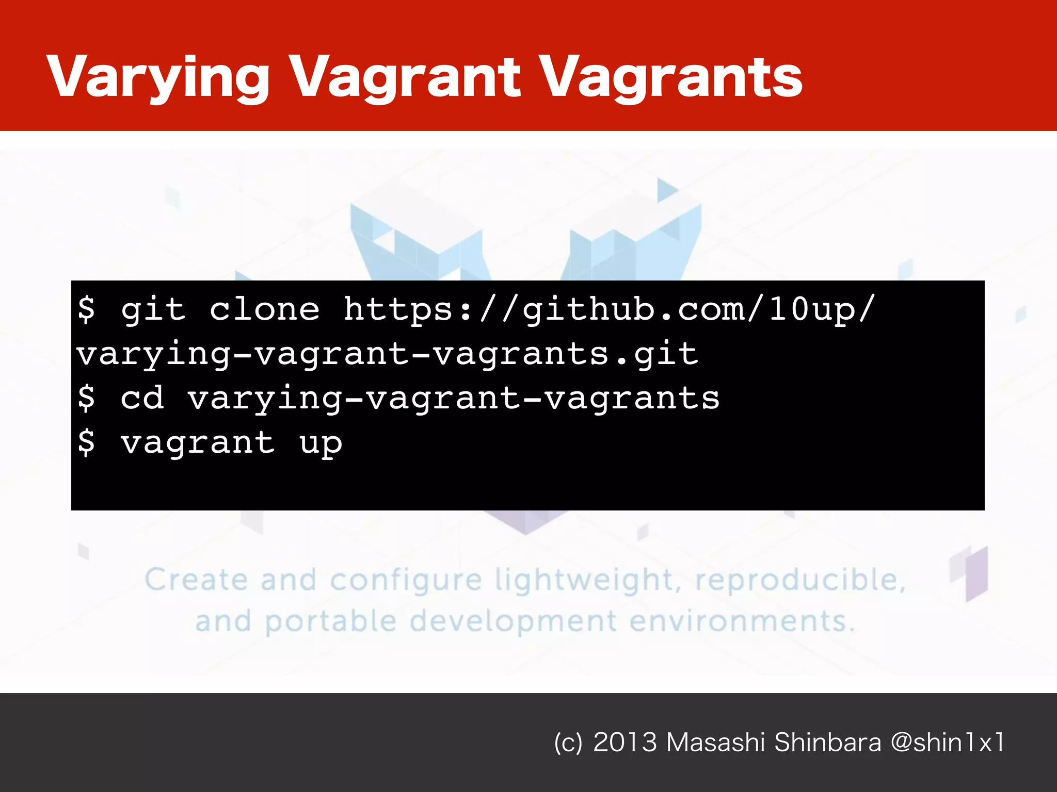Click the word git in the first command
coord(153,310)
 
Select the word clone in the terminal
coord(264,310)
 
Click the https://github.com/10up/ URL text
coord(609,310)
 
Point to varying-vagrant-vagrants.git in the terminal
coord(387,355)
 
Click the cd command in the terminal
coord(142,399)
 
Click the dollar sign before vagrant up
coord(87,442)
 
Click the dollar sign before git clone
coord(87,309)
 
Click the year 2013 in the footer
coord(625,742)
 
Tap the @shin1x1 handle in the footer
coord(948,742)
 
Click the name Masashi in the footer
coord(715,742)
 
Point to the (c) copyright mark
coord(568,743)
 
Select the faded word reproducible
coord(800,580)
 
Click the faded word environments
coord(741,621)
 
